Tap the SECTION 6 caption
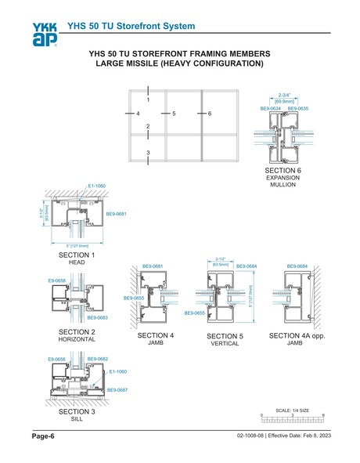click(283, 170)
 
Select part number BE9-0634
click(270, 109)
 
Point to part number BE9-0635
click(297, 109)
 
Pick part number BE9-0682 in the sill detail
click(97, 359)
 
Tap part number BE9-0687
click(117, 389)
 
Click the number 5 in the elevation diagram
click(174, 114)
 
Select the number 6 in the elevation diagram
click(210, 114)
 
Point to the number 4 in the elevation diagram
click(138, 114)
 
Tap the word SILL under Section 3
click(77, 419)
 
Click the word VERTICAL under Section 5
click(224, 343)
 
